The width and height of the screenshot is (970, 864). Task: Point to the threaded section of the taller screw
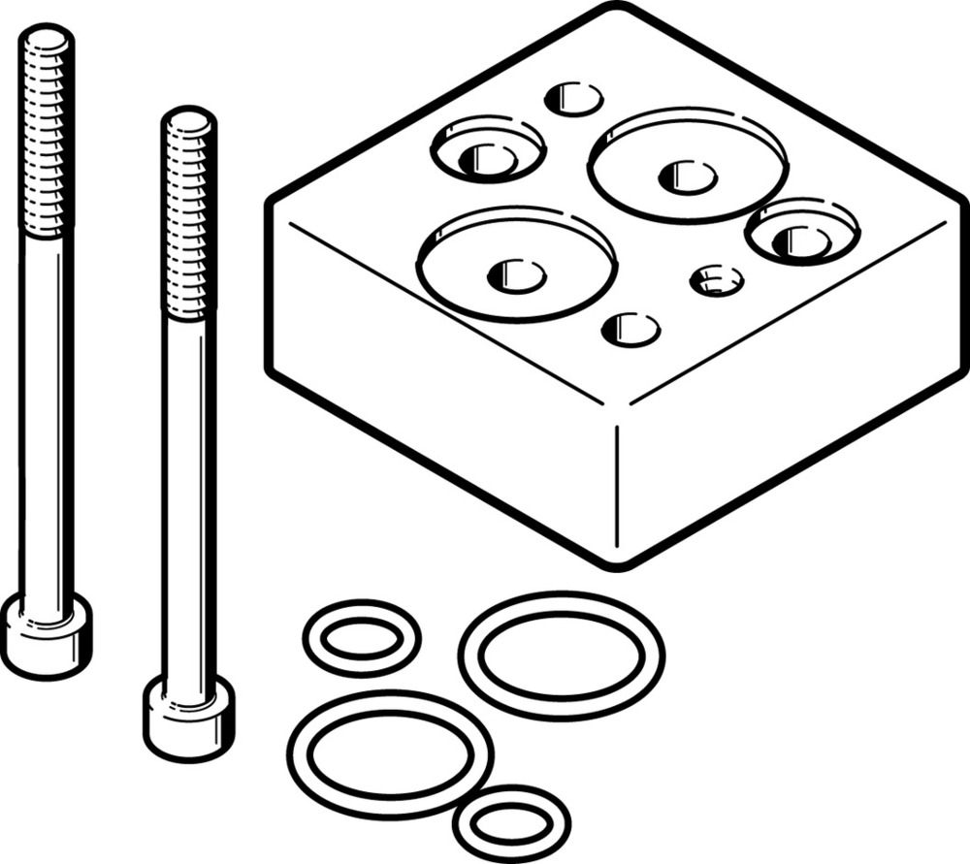click(x=47, y=136)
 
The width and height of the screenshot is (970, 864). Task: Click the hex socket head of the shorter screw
click(x=189, y=718)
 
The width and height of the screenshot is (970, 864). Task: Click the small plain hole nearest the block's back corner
click(x=574, y=99)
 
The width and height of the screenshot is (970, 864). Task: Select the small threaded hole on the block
click(x=717, y=281)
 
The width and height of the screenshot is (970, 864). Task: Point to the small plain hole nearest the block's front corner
click(x=630, y=330)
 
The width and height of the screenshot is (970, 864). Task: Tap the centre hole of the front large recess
click(x=516, y=276)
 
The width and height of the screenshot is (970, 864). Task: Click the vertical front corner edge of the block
click(x=621, y=485)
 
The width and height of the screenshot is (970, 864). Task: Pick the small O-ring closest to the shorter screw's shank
click(x=361, y=639)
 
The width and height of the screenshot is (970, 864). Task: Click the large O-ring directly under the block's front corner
click(x=562, y=656)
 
